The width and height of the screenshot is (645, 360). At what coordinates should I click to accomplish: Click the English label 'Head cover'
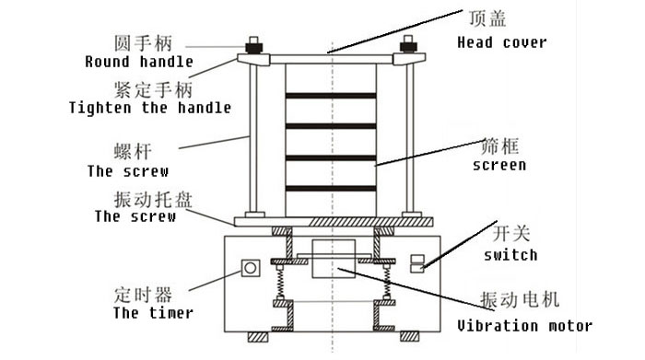pyautogui.click(x=502, y=42)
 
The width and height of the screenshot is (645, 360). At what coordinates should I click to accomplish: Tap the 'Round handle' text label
pyautogui.click(x=139, y=62)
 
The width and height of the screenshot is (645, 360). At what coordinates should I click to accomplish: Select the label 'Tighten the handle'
pyautogui.click(x=149, y=108)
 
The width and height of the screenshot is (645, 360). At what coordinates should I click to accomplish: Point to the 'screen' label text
pyautogui.click(x=499, y=165)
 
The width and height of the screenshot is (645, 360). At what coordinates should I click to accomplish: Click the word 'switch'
pyautogui.click(x=510, y=255)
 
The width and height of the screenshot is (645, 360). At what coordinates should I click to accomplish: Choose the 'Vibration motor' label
pyautogui.click(x=524, y=326)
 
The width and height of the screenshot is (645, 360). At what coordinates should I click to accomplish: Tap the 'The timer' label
pyautogui.click(x=153, y=313)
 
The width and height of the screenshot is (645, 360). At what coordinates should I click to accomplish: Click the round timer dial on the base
pyautogui.click(x=250, y=268)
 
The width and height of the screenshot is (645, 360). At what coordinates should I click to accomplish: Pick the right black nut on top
pyautogui.click(x=408, y=46)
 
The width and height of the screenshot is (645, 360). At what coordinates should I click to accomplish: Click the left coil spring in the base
pyautogui.click(x=280, y=283)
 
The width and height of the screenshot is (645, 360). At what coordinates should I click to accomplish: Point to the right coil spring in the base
pyautogui.click(x=387, y=283)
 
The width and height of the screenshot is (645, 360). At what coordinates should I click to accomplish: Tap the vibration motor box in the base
pyautogui.click(x=334, y=259)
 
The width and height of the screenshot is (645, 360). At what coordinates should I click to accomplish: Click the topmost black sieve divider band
pyautogui.click(x=331, y=96)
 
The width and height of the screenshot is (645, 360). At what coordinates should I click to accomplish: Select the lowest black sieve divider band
pyautogui.click(x=331, y=189)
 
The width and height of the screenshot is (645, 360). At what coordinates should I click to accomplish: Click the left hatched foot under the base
pyautogui.click(x=258, y=337)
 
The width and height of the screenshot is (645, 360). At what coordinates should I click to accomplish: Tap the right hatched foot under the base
pyautogui.click(x=410, y=337)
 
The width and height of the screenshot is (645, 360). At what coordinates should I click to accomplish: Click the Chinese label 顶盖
pyautogui.click(x=487, y=18)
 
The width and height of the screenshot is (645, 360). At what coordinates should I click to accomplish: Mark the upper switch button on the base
pyautogui.click(x=417, y=259)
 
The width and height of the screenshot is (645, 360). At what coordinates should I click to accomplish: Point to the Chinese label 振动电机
pyautogui.click(x=520, y=299)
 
